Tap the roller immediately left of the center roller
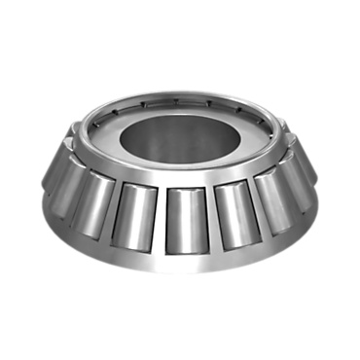click(x=134, y=211)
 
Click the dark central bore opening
click(x=180, y=131)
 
